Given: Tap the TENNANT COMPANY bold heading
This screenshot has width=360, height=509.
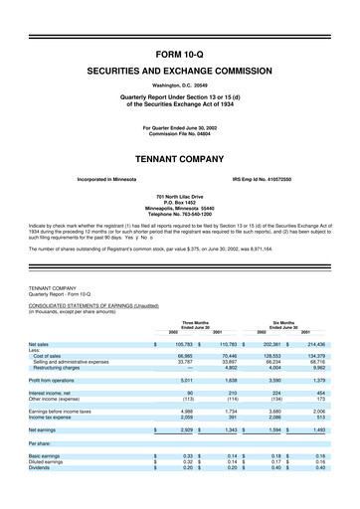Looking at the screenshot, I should coord(180,158).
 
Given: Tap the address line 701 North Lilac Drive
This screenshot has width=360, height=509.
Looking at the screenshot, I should coord(180,198).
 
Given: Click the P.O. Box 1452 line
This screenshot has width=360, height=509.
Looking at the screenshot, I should coord(180,204).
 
